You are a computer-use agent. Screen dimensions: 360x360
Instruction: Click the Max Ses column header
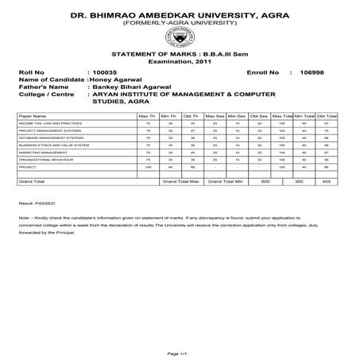[x=215, y=116]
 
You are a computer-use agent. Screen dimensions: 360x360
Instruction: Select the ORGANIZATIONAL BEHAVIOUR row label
[x=40, y=160]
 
